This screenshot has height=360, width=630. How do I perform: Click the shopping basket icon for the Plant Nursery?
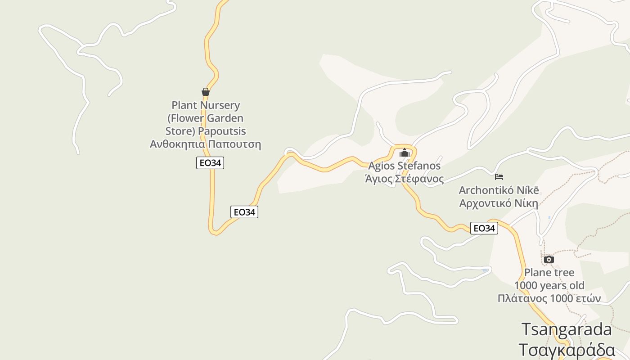(206, 92)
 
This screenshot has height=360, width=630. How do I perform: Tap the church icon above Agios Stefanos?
(405, 153)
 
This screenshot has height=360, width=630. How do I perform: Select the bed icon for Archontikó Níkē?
(499, 177)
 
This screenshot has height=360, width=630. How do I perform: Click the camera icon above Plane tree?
(549, 259)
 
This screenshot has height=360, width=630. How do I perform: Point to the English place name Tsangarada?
(567, 329)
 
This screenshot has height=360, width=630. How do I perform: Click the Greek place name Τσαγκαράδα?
(567, 350)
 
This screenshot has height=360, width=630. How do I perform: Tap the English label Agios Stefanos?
(404, 166)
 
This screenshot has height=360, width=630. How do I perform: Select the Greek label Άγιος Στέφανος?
(404, 179)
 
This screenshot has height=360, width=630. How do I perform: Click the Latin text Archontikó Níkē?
(499, 190)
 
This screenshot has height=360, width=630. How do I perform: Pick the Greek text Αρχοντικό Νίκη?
(499, 203)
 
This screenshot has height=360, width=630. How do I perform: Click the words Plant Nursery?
(206, 105)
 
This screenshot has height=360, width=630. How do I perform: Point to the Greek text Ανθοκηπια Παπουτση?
(205, 144)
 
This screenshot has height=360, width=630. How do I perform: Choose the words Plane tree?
(549, 272)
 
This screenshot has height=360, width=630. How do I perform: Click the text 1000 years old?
(549, 285)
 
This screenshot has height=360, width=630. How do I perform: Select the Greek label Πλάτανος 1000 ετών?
(549, 298)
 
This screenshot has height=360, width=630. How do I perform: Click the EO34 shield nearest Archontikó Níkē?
(484, 228)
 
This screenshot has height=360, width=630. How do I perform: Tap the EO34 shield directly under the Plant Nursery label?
(210, 163)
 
